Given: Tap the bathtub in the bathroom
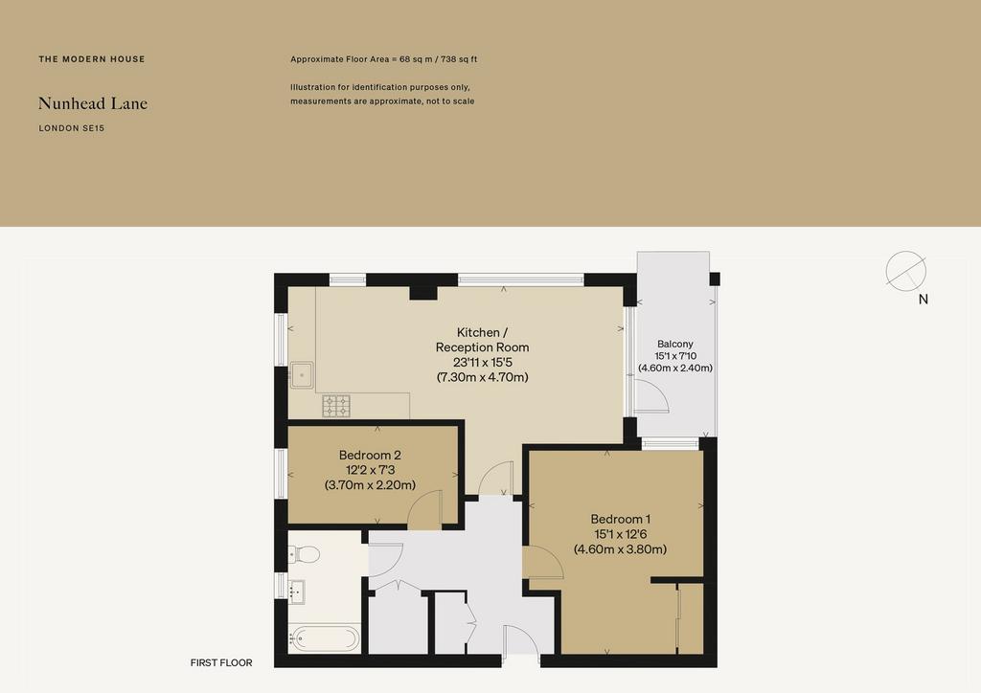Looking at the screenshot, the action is click(x=324, y=638).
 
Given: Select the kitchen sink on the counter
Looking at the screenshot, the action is click(x=302, y=375).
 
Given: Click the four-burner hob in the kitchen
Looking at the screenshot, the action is click(x=336, y=406).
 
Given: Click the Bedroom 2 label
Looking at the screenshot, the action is click(x=370, y=455).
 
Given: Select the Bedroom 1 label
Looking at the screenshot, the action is click(x=621, y=519).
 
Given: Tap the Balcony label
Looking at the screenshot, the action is click(x=675, y=344).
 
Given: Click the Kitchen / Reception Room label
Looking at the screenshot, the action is click(x=483, y=339).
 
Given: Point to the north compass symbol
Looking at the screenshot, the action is click(x=906, y=271).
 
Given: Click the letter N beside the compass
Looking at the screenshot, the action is click(x=923, y=300).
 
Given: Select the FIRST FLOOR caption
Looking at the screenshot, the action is click(x=221, y=662).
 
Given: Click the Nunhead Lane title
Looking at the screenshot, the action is click(x=93, y=103).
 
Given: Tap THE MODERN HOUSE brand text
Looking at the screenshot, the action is click(x=92, y=59).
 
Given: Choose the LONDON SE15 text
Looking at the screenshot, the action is click(x=71, y=128).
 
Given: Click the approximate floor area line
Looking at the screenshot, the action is click(x=383, y=59).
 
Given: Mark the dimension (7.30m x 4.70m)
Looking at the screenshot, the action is click(x=483, y=377).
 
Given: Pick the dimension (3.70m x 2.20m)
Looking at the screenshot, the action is click(x=371, y=485).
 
